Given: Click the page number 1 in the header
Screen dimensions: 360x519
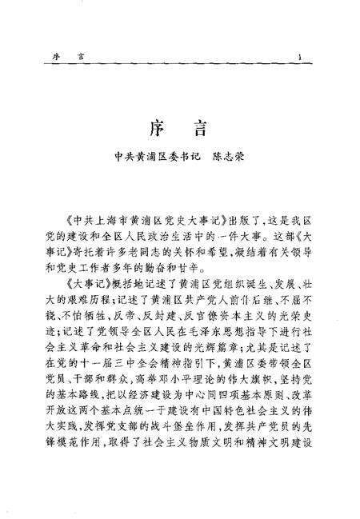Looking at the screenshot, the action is [297, 58].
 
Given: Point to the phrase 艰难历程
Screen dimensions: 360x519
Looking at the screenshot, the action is [102, 298].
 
